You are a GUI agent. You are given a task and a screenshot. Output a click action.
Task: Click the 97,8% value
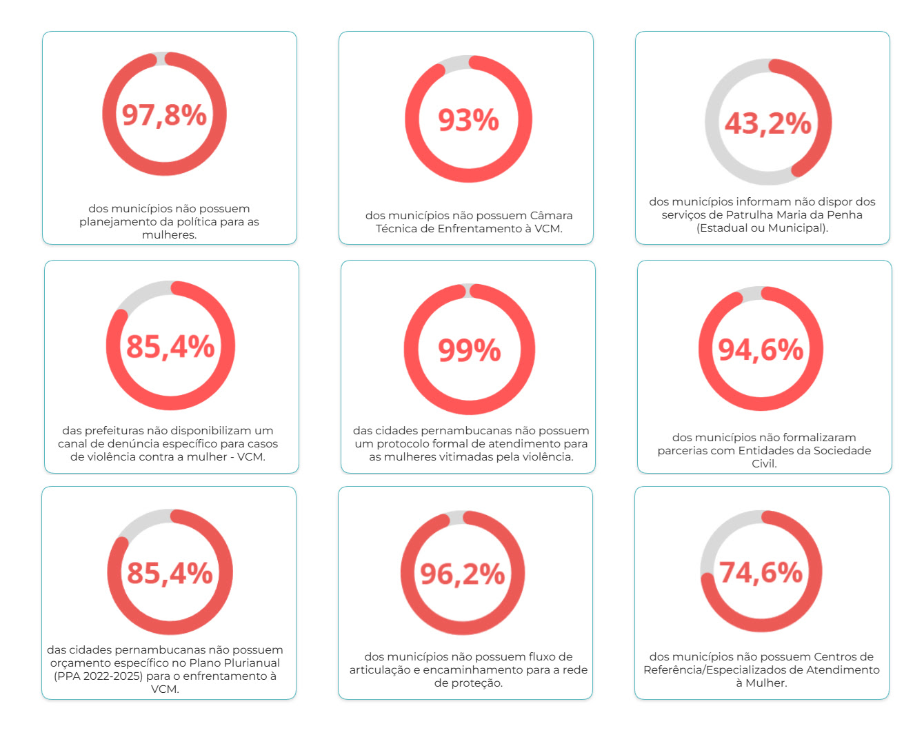[x=164, y=114]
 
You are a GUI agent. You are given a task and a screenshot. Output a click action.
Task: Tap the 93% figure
[x=468, y=120]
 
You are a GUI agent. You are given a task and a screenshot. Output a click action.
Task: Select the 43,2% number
[x=767, y=123]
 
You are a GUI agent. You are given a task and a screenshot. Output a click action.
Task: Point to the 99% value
[x=469, y=350]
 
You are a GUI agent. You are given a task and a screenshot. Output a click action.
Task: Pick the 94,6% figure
[x=761, y=350]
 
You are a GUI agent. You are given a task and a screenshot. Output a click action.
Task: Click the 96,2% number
[x=463, y=574]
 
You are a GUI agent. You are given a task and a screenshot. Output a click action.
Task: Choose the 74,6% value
[x=761, y=572]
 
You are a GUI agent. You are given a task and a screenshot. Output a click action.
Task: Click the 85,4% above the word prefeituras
[x=170, y=346]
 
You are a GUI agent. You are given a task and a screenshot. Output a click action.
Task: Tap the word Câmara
[x=551, y=215]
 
